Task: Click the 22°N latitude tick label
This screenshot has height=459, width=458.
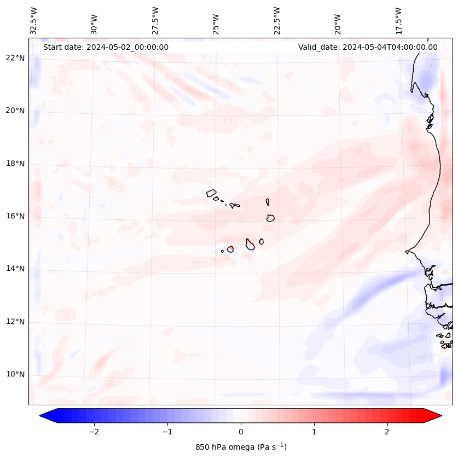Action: (x=16, y=58)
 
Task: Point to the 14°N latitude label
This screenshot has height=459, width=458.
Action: (x=16, y=269)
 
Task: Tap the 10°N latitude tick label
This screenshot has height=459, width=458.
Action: (x=16, y=375)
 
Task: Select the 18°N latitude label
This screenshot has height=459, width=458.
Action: (x=16, y=164)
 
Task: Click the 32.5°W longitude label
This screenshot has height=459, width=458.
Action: (x=34, y=21)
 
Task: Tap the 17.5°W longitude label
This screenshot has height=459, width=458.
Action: (x=398, y=21)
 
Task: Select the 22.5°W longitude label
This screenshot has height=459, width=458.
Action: (x=277, y=21)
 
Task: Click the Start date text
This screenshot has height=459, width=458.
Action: (x=106, y=47)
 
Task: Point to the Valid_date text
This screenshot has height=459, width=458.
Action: (x=368, y=47)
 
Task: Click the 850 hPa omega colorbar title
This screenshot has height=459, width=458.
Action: (x=241, y=447)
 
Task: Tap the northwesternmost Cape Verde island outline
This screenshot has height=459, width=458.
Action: (x=211, y=193)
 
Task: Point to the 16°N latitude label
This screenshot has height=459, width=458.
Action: (x=16, y=216)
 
